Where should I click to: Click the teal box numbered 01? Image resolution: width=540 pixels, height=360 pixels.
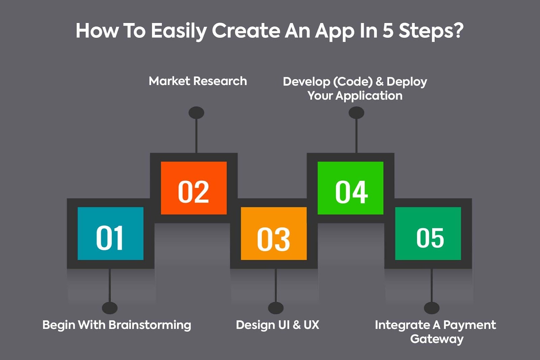(110, 233)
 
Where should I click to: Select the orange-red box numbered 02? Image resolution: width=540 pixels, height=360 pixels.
(194, 188)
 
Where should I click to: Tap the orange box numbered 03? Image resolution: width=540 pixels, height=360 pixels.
(274, 233)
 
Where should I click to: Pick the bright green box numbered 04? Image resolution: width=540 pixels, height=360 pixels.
(351, 188)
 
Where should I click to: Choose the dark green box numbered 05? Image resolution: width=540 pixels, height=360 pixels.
(428, 233)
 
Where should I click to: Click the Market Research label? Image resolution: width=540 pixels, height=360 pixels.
(198, 81)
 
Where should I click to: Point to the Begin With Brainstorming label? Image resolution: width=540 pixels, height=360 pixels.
(117, 325)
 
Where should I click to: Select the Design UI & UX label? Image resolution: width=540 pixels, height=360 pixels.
(277, 325)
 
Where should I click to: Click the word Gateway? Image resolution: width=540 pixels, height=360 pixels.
(437, 339)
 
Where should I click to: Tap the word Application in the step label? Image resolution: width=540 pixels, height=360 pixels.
(369, 96)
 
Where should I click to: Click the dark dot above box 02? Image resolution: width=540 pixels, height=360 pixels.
(196, 113)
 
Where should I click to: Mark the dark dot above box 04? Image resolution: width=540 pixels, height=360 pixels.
(356, 113)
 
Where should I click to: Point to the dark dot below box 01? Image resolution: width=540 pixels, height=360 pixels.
(110, 308)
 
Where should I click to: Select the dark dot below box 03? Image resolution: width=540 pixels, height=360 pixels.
(276, 308)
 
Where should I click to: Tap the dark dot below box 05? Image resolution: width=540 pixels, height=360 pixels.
(432, 308)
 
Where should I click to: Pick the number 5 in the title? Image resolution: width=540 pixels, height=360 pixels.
(388, 31)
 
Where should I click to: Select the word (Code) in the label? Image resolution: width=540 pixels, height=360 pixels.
(353, 82)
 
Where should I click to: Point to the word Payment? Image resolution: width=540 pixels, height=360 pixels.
(469, 325)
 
